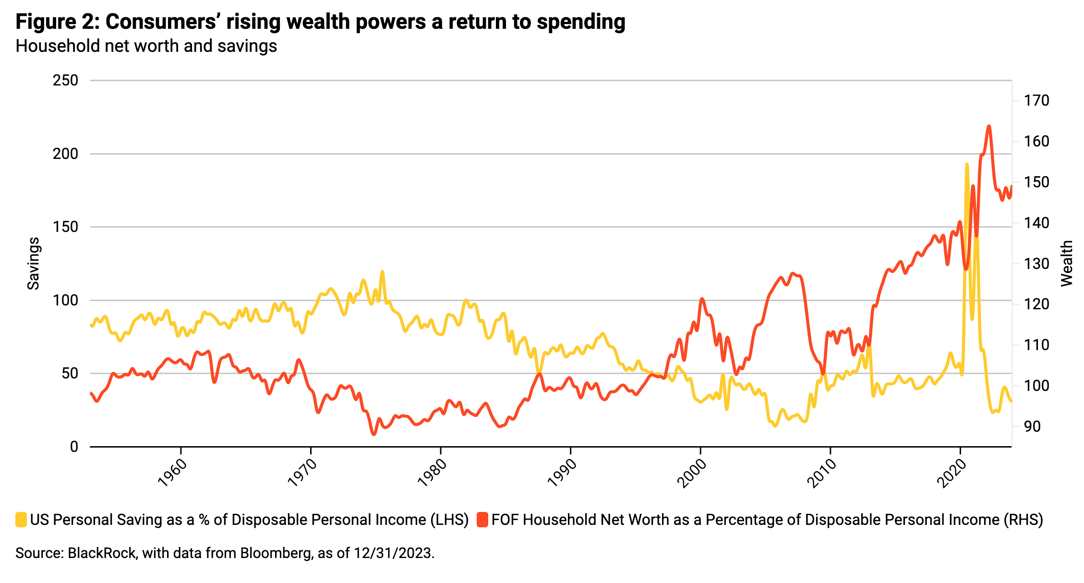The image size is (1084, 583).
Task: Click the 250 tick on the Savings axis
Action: (x=65, y=80)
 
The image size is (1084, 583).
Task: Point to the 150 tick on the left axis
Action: (x=65, y=227)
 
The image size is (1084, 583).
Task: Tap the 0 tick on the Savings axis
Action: (x=73, y=447)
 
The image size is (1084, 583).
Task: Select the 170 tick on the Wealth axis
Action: (x=1036, y=101)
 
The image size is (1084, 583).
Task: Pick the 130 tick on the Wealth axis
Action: (x=1036, y=264)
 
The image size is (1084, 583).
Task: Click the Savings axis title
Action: (x=33, y=263)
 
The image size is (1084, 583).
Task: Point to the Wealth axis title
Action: (x=1066, y=263)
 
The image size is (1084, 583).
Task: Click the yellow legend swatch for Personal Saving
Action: (x=21, y=520)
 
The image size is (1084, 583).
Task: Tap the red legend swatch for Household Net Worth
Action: (x=482, y=520)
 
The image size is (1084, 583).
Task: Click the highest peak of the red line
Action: (x=988, y=126)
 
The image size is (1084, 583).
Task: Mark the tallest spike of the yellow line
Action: (x=967, y=164)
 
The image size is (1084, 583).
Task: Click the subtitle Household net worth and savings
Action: (x=146, y=46)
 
